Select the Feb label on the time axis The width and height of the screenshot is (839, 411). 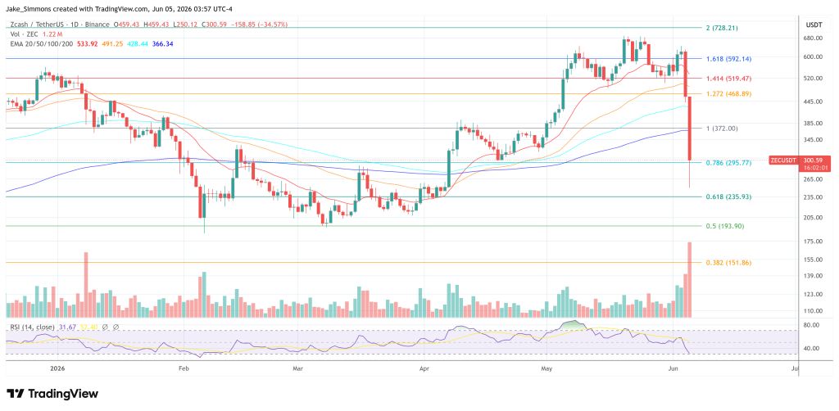(x=184, y=368)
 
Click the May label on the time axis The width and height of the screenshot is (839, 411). (x=546, y=368)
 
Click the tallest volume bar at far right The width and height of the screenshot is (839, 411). (x=689, y=280)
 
